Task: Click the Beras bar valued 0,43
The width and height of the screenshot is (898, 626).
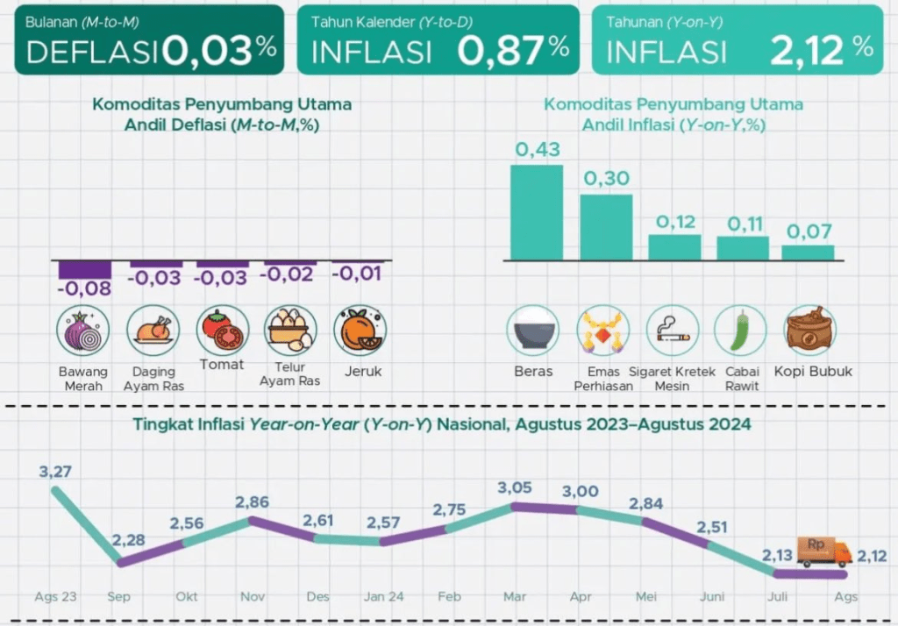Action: click(537, 212)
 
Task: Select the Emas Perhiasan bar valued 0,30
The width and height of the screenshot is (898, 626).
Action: click(606, 227)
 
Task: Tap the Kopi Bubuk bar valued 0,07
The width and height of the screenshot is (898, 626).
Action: click(808, 253)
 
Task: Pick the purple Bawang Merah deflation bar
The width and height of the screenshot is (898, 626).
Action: click(83, 269)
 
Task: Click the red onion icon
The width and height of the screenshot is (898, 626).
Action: click(82, 331)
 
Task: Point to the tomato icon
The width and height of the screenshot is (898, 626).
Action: click(221, 329)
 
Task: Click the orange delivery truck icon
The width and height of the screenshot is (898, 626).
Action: click(823, 551)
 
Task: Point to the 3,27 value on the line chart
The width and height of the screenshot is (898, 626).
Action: click(55, 472)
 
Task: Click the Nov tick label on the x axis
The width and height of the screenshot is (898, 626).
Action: click(253, 596)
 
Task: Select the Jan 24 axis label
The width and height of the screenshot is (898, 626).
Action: click(383, 596)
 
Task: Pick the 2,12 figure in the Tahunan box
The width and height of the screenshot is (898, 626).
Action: click(808, 51)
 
